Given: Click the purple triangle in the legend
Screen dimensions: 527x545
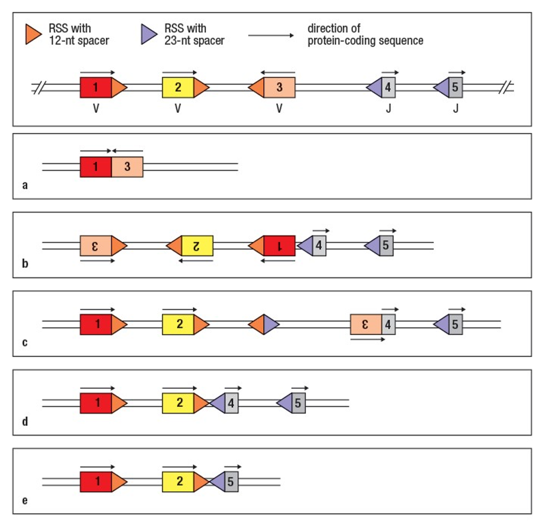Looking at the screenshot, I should pos(149,35).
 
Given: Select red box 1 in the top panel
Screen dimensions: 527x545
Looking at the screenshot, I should pos(96,88).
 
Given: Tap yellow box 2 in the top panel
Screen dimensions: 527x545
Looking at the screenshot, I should pos(178,88).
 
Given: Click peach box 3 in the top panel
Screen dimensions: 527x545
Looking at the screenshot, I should pos(279,88).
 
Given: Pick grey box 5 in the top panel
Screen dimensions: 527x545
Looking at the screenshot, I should pos(456,88).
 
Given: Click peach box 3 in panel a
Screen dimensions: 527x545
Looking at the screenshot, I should pos(127,167).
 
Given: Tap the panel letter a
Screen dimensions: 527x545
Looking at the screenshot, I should pos(26,186).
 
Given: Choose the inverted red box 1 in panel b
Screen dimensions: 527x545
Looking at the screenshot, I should pos(279,246).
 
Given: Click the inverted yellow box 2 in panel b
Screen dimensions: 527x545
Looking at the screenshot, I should pos(197,246).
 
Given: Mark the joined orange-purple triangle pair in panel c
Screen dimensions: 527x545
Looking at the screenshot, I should pos(264,324).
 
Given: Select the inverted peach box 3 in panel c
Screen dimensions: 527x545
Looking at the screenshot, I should pos(366,324).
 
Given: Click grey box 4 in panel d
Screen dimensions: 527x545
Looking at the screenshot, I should pos(231,404).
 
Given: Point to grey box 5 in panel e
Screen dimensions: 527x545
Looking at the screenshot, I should pos(231,482).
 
